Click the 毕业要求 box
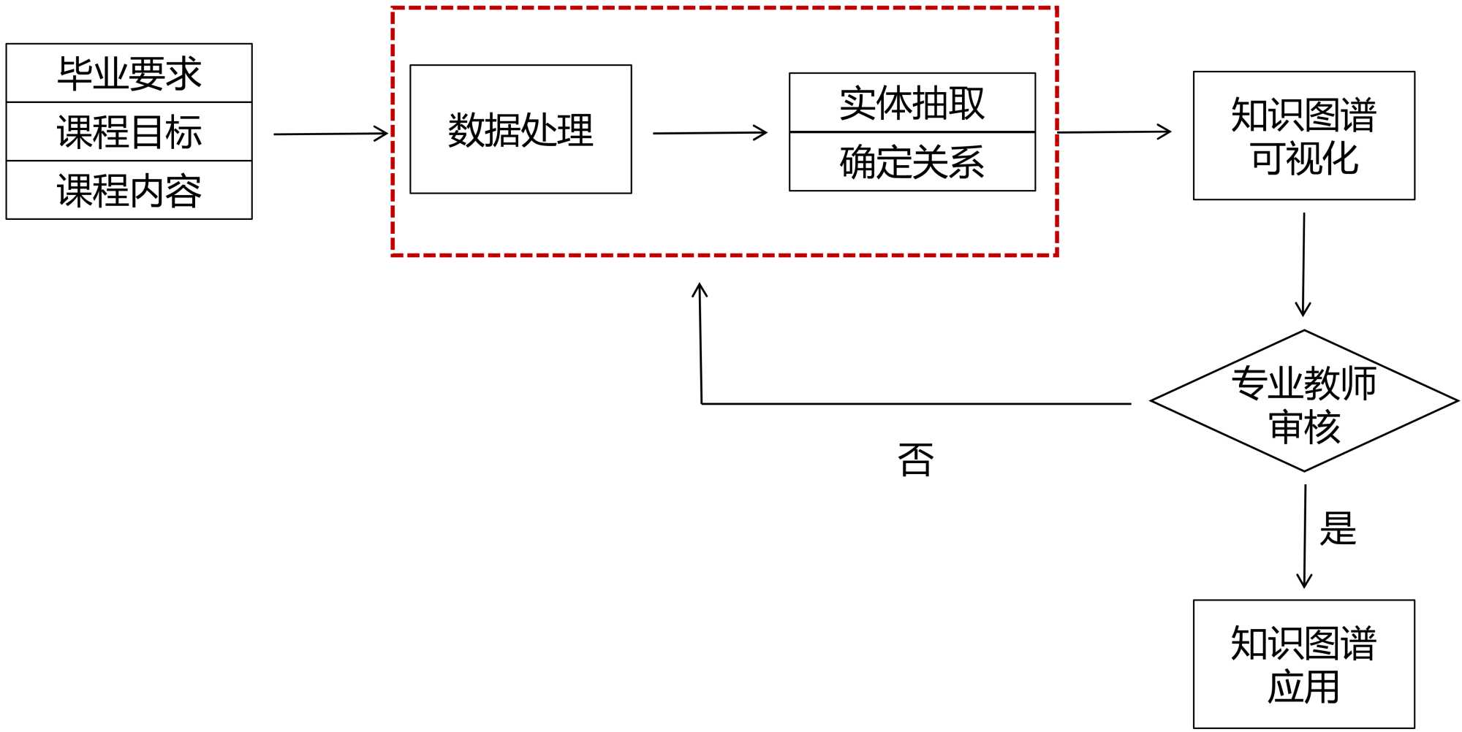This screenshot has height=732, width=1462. click(x=129, y=73)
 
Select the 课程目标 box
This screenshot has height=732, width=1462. click(x=129, y=131)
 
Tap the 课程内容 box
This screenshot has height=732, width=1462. click(x=129, y=190)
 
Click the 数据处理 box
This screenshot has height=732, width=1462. click(x=520, y=129)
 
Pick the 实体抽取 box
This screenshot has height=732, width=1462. click(x=912, y=102)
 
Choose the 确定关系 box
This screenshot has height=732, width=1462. click(x=912, y=161)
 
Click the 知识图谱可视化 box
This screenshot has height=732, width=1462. click(x=1303, y=135)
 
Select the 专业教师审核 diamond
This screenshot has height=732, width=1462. click(x=1303, y=401)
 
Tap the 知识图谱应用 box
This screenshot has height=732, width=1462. click(x=1303, y=663)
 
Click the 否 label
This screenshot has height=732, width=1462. click(x=915, y=460)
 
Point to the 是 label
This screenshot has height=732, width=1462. click(x=1338, y=528)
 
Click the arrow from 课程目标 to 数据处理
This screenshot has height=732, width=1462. click(x=330, y=134)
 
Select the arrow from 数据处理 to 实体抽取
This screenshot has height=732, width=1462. click(x=710, y=133)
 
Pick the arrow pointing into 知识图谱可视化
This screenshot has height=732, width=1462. click(x=1114, y=132)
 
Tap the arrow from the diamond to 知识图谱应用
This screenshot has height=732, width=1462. click(x=1305, y=536)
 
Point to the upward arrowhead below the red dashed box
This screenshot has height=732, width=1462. click(x=700, y=290)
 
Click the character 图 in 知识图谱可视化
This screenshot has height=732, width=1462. click(x=1322, y=115)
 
